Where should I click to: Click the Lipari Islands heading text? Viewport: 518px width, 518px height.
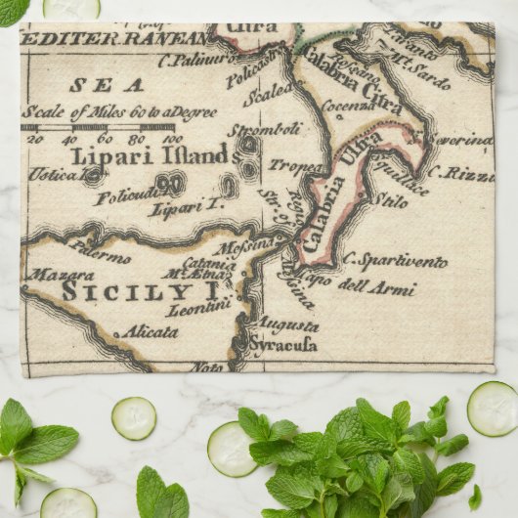pyautogui.click(x=149, y=154)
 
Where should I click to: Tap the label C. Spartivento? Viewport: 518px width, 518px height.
pyautogui.click(x=395, y=261)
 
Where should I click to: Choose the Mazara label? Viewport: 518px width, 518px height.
pyautogui.click(x=60, y=276)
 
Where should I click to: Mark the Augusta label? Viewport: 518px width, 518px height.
pyautogui.click(x=287, y=325)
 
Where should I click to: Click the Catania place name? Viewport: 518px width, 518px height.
pyautogui.click(x=208, y=262)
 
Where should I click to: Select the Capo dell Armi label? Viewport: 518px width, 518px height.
pyautogui.click(x=367, y=288)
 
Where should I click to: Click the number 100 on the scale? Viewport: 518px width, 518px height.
pyautogui.click(x=172, y=139)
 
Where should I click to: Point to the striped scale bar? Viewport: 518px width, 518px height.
pyautogui.click(x=98, y=126)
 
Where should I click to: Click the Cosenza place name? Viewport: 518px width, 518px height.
pyautogui.click(x=347, y=106)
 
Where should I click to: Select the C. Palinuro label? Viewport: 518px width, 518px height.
pyautogui.click(x=195, y=60)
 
